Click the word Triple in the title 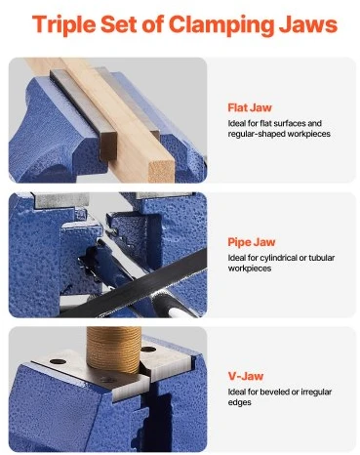(63, 24)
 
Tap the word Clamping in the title (221, 24)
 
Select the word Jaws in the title (307, 23)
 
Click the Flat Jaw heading (250, 107)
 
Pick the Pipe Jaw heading (252, 242)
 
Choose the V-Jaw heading (246, 376)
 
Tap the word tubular (321, 258)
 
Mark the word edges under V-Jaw (239, 402)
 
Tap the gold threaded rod (113, 350)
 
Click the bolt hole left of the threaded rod (59, 361)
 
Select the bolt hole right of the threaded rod (148, 350)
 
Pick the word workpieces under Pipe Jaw (250, 269)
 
